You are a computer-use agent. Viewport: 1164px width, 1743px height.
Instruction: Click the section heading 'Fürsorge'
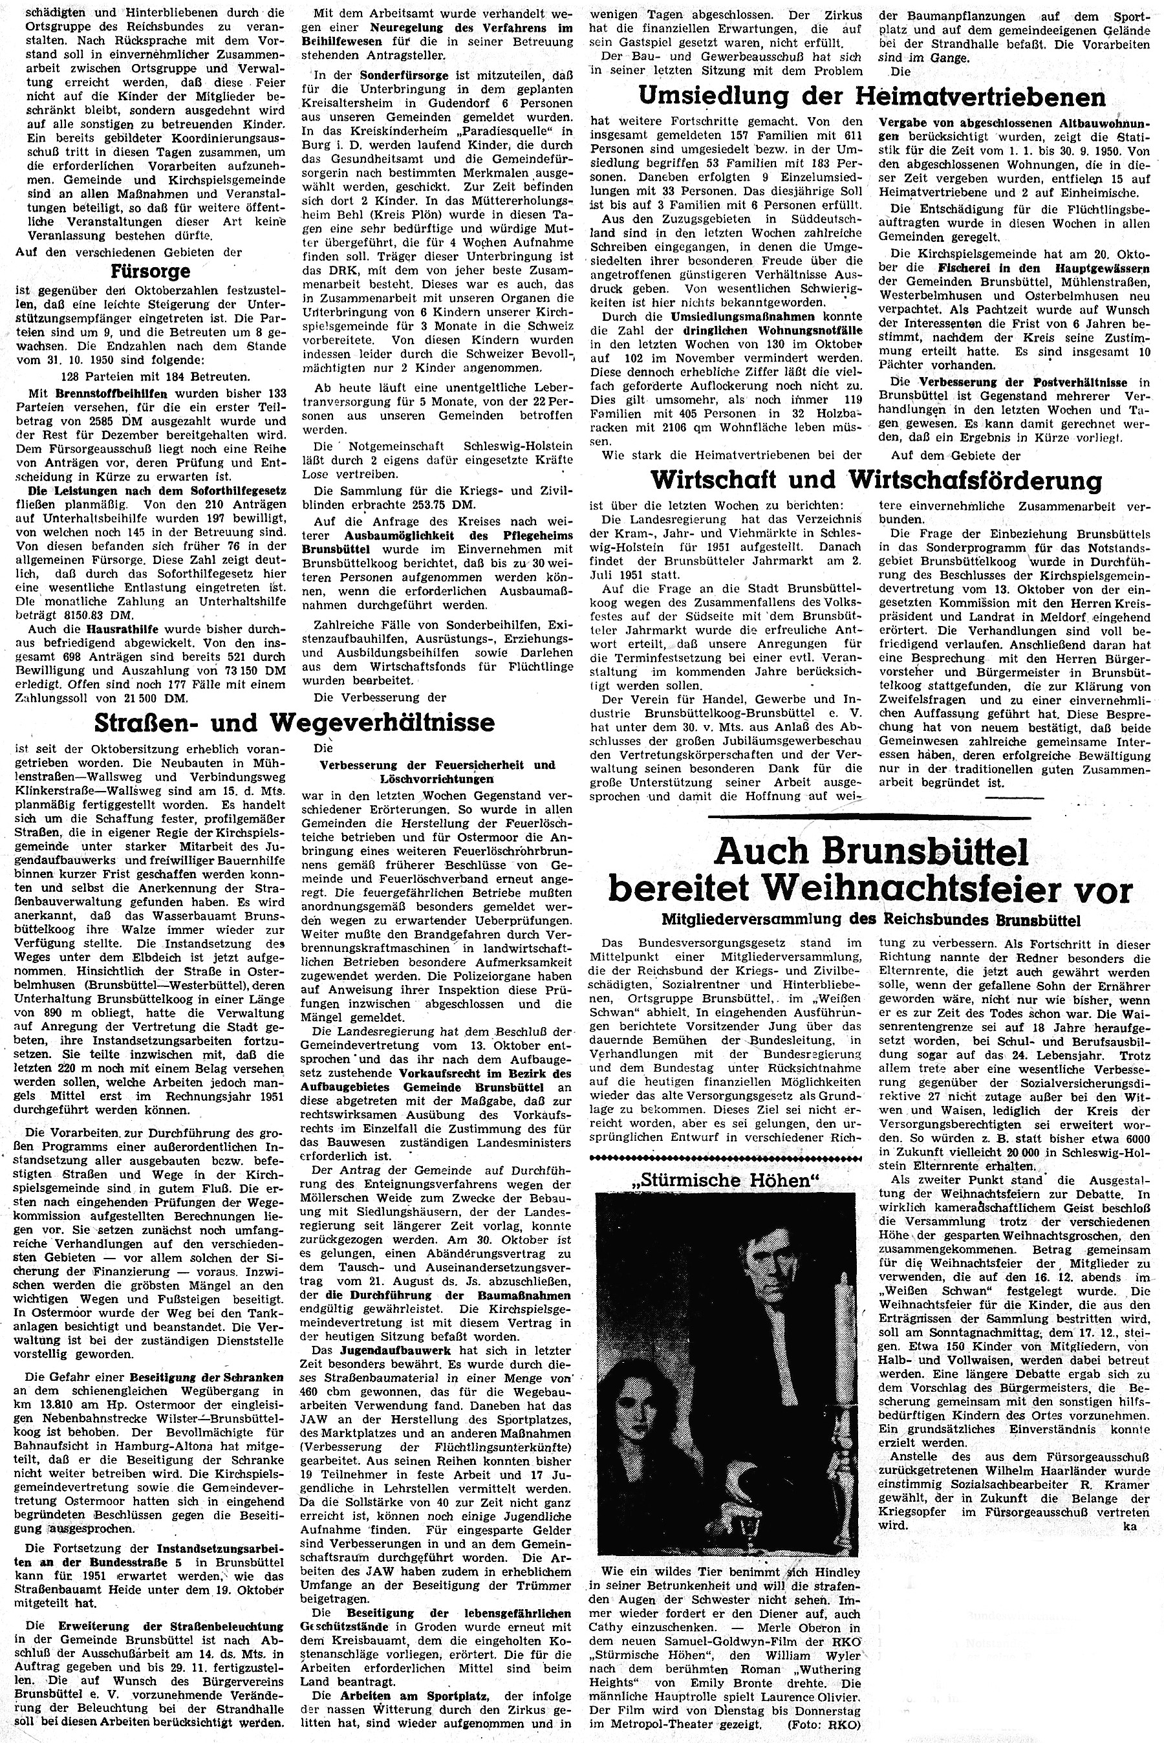pyautogui.click(x=149, y=271)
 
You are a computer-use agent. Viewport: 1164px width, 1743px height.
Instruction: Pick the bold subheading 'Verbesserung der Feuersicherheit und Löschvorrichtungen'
pyautogui.click(x=437, y=772)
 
